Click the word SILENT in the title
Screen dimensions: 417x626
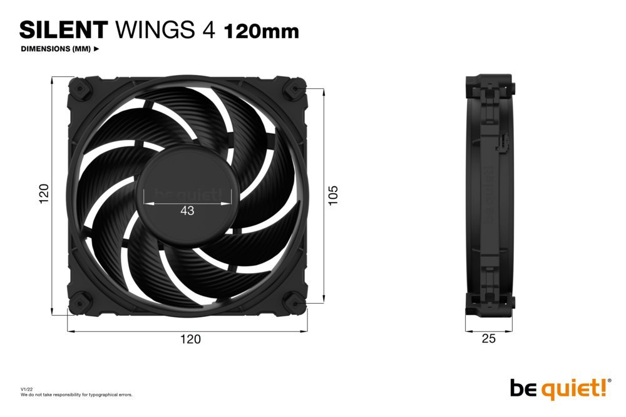pyautogui.click(x=63, y=29)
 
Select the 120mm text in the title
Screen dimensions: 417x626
pyautogui.click(x=261, y=30)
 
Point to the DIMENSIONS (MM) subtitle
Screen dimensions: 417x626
pyautogui.click(x=56, y=49)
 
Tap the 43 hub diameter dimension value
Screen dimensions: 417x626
pyautogui.click(x=187, y=211)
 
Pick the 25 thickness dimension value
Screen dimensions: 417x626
pyautogui.click(x=489, y=339)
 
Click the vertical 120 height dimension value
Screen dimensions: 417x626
pyautogui.click(x=44, y=194)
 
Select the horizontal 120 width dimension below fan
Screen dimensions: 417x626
pyautogui.click(x=191, y=339)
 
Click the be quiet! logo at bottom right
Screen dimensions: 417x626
pyautogui.click(x=557, y=388)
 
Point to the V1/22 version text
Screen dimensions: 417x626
pyautogui.click(x=26, y=389)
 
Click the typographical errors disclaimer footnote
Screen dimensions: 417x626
pyautogui.click(x=76, y=394)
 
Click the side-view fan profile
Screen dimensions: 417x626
pyautogui.click(x=489, y=194)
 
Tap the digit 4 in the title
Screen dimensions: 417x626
pyautogui.click(x=209, y=29)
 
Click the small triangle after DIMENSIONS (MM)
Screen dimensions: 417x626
pyautogui.click(x=96, y=49)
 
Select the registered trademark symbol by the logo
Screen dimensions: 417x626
pyautogui.click(x=610, y=380)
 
